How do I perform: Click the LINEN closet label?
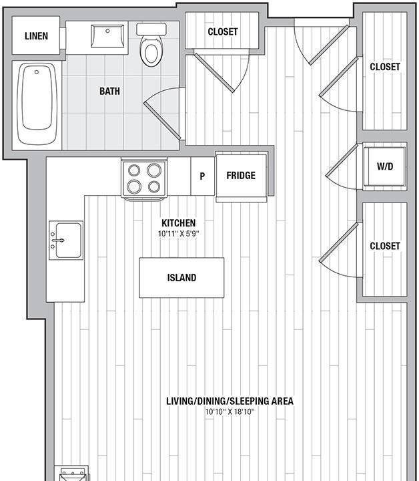(x=36, y=36)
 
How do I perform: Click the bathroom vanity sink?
(x=107, y=35)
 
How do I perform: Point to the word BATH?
(x=109, y=91)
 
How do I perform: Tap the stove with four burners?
(x=144, y=178)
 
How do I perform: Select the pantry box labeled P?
(x=202, y=176)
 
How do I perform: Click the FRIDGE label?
(x=240, y=176)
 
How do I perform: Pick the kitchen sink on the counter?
(x=67, y=239)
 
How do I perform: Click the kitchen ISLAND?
(x=181, y=278)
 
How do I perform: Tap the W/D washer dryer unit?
(x=384, y=166)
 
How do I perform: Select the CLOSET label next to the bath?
(x=222, y=31)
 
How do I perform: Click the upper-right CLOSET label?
(x=384, y=67)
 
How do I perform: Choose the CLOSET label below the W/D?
(x=384, y=246)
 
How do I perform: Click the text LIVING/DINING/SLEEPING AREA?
(x=230, y=401)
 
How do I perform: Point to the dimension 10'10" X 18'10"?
(x=230, y=412)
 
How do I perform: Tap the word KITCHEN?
(x=178, y=223)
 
